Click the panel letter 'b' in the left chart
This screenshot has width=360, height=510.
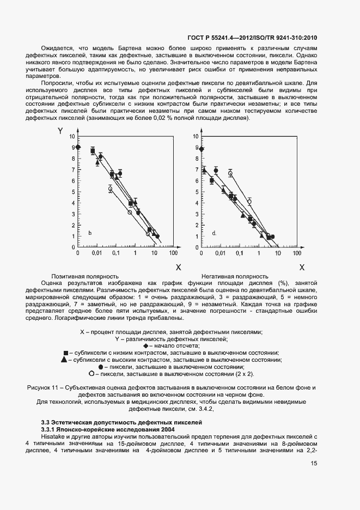click(x=90, y=234)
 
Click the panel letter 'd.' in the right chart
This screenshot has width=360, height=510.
click(x=214, y=233)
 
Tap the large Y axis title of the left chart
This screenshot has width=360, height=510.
click(x=60, y=132)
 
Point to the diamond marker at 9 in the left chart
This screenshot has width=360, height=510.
click(x=78, y=147)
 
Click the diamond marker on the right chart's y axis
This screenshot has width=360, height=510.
click(x=202, y=149)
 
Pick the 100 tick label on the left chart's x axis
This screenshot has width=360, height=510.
click(x=173, y=254)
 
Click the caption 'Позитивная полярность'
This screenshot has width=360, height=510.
click(x=84, y=276)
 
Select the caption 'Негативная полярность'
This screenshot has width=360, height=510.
click(x=235, y=276)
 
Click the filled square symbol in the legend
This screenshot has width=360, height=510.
click(x=66, y=353)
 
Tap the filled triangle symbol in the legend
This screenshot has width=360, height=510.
click(x=64, y=360)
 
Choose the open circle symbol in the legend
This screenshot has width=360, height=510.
click(x=90, y=374)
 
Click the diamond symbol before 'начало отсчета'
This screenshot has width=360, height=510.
click(x=145, y=346)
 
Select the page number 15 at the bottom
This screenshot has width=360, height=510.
click(x=314, y=464)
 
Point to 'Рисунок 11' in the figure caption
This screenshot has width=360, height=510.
click(x=42, y=388)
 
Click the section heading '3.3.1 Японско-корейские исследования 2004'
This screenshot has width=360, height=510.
click(x=98, y=429)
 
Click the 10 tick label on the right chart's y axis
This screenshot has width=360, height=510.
click(x=197, y=136)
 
